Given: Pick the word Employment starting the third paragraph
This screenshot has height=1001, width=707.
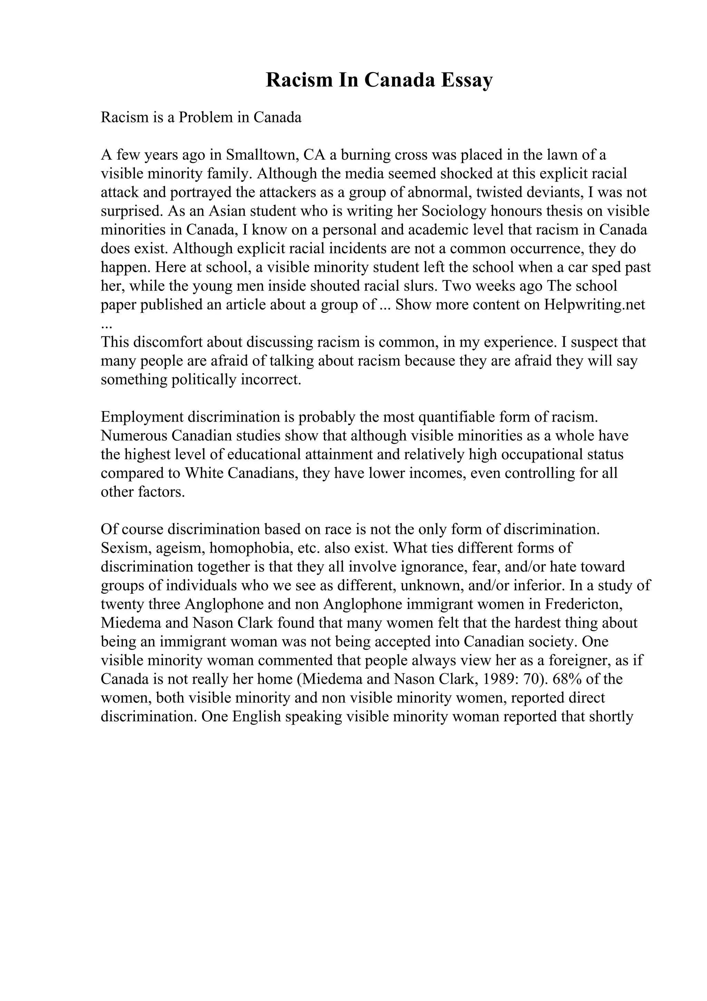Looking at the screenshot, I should pyautogui.click(x=142, y=417).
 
